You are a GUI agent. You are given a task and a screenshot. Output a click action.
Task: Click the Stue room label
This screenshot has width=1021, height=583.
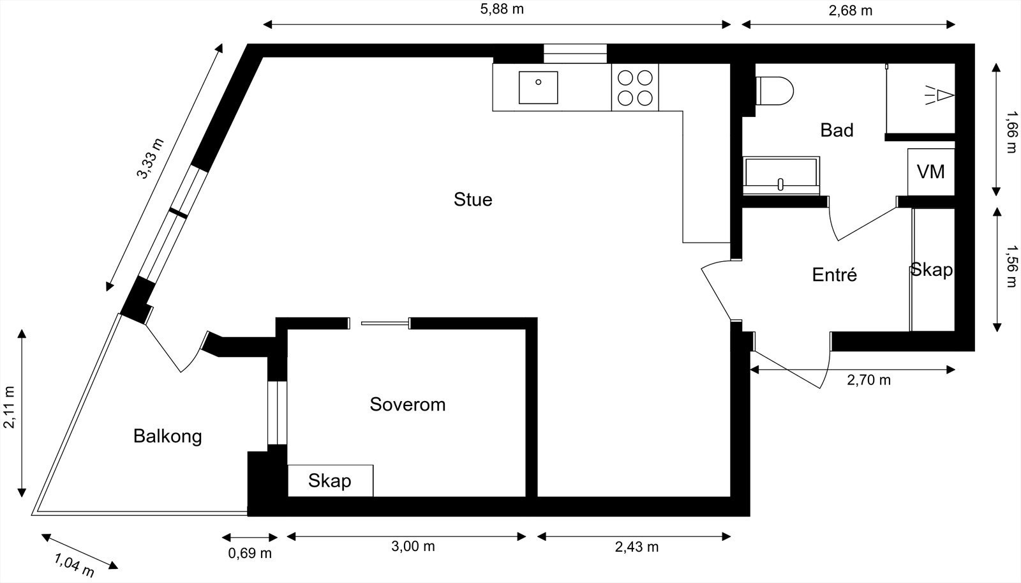pyautogui.click(x=473, y=199)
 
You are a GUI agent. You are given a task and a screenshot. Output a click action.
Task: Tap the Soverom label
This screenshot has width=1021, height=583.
pyautogui.click(x=407, y=404)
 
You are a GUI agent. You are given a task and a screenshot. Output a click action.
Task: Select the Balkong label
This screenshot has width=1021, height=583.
pyautogui.click(x=167, y=436)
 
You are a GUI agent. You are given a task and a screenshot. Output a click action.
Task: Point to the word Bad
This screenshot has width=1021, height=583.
pyautogui.click(x=837, y=130)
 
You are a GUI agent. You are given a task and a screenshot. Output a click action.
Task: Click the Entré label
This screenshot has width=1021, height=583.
pyautogui.click(x=834, y=275)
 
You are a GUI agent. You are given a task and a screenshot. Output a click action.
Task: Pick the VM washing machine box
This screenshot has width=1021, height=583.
pyautogui.click(x=930, y=172)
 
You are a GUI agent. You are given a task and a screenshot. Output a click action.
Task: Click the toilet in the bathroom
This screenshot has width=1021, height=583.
pyautogui.click(x=774, y=89)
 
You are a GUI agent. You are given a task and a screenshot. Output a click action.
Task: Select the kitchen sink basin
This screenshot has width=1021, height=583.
pyautogui.click(x=538, y=87)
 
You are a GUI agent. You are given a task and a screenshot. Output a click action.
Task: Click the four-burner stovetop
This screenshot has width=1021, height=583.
pyautogui.click(x=635, y=87)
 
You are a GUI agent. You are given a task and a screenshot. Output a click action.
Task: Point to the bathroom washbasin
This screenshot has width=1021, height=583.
pyautogui.click(x=781, y=176)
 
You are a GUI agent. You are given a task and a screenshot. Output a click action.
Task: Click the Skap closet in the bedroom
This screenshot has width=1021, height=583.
pyautogui.click(x=330, y=480)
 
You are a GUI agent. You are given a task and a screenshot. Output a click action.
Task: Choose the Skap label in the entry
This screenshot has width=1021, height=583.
pyautogui.click(x=931, y=269)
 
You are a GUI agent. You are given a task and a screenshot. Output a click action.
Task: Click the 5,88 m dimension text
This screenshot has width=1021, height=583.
pyautogui.click(x=502, y=9)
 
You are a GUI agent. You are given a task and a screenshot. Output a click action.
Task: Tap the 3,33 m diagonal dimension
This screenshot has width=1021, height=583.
pyautogui.click(x=151, y=159)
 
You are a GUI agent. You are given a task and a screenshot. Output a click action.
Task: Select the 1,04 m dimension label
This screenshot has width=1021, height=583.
pyautogui.click(x=74, y=565)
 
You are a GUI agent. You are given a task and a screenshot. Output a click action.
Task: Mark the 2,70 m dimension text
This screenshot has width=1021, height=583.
pyautogui.click(x=868, y=381)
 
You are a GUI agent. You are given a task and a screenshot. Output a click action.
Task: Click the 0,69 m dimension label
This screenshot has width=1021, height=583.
pyautogui.click(x=250, y=553)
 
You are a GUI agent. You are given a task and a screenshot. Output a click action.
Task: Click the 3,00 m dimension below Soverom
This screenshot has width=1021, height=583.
pyautogui.click(x=413, y=547)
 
